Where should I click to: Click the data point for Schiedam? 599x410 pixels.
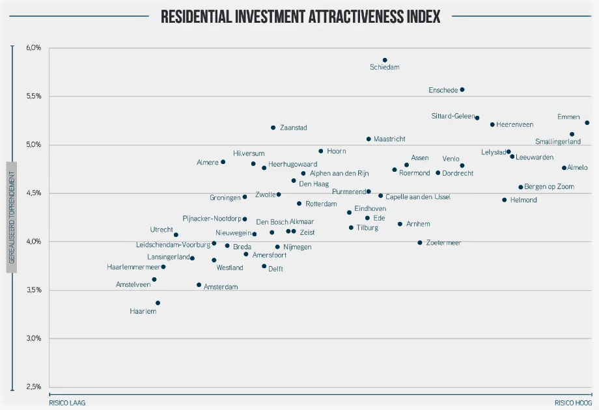pyautogui.click(x=385, y=60)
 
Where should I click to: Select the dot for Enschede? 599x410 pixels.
pyautogui.click(x=462, y=90)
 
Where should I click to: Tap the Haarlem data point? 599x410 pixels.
pyautogui.click(x=158, y=303)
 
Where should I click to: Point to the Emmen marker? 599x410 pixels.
pyautogui.click(x=587, y=122)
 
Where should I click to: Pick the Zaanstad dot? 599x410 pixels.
pyautogui.click(x=273, y=128)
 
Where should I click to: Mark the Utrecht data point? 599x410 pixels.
pyautogui.click(x=176, y=235)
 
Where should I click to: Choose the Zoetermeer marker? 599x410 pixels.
pyautogui.click(x=420, y=243)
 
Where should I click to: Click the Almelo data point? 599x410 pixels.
pyautogui.click(x=564, y=168)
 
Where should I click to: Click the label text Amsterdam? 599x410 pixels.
pyautogui.click(x=221, y=286)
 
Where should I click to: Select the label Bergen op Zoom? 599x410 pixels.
pyautogui.click(x=549, y=187)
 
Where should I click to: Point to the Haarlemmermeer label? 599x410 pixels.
pyautogui.click(x=133, y=267)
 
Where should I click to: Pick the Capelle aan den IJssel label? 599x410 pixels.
pyautogui.click(x=418, y=197)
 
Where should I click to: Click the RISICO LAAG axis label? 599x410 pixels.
pyautogui.click(x=67, y=403)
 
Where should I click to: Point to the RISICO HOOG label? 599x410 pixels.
pyautogui.click(x=573, y=403)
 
